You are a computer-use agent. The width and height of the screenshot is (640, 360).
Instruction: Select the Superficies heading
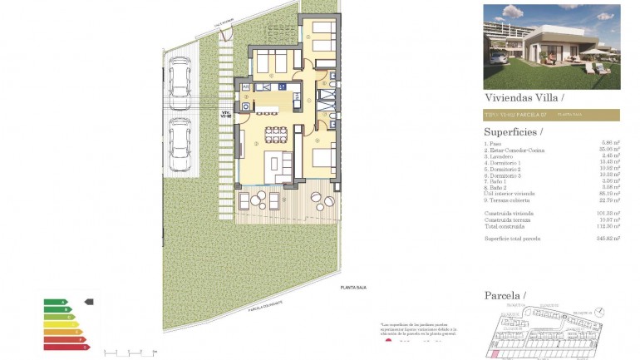click(513, 131)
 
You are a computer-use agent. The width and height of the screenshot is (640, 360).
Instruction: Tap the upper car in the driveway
click(179, 78)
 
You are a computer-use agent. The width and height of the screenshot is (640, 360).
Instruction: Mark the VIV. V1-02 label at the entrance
click(226, 115)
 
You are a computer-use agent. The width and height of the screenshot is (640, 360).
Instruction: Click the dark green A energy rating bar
click(54, 302)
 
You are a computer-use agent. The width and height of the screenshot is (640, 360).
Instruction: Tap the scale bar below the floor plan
click(129, 352)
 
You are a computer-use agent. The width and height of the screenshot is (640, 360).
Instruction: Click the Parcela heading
click(504, 296)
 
